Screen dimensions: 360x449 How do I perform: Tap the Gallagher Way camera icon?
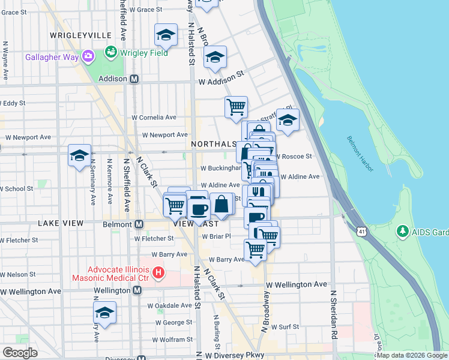coord(89,57)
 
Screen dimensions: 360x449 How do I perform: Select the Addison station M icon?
coord(134,79)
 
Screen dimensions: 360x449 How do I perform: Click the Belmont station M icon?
coord(139,224)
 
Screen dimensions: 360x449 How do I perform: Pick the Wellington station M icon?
coord(137,290)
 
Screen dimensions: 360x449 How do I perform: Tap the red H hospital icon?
coord(158,272)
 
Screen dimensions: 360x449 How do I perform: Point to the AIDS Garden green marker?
coord(403,230)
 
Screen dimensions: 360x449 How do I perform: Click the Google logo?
coord(20,352)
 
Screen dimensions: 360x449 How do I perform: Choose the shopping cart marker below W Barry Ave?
coord(256,250)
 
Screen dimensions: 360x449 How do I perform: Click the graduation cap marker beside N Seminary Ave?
coord(79,156)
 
